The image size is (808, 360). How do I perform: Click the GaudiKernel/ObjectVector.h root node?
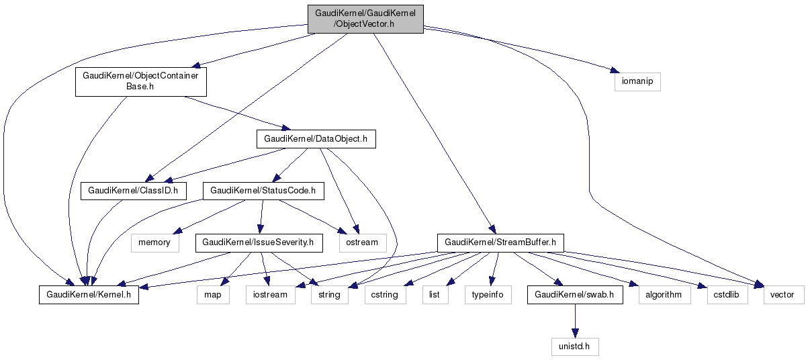(x=365, y=19)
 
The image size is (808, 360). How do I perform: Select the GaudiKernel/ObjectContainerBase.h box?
(x=140, y=81)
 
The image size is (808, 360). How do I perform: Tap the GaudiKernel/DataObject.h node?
(x=315, y=139)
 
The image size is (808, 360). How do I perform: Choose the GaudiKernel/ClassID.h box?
(x=133, y=191)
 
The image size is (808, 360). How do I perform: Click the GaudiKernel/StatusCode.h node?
(x=263, y=191)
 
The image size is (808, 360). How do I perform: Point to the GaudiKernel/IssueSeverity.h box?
(x=259, y=242)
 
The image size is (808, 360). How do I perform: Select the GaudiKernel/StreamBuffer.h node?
(x=500, y=242)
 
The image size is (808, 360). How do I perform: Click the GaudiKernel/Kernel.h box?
(x=89, y=294)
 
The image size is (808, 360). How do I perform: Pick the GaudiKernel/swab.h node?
(x=574, y=294)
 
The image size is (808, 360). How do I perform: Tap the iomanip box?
(x=637, y=81)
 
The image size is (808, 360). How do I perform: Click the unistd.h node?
(x=571, y=347)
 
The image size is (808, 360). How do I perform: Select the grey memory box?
(x=154, y=242)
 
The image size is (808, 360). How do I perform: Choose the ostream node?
(x=363, y=242)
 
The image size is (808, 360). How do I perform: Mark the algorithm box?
(x=663, y=294)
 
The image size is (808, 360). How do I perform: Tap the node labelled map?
(x=213, y=294)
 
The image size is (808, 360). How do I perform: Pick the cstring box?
(x=385, y=294)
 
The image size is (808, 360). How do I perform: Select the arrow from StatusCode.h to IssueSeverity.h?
(x=261, y=216)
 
